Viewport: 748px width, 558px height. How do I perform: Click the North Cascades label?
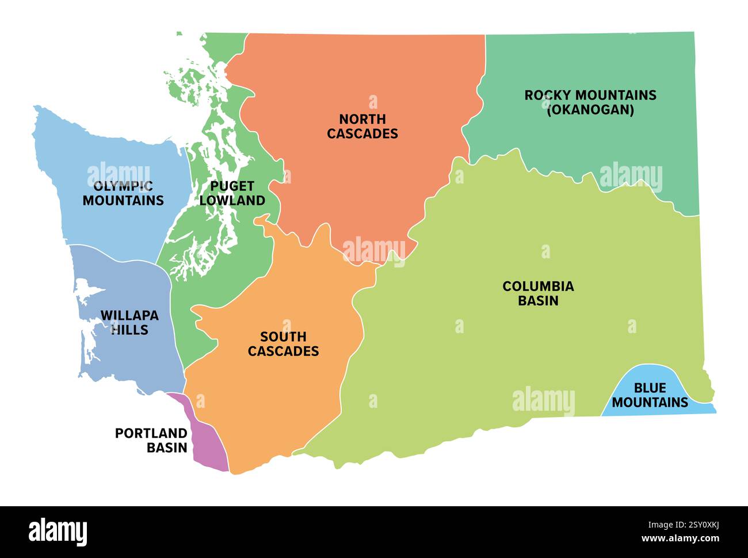pos(362,127)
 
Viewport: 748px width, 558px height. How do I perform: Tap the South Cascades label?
pos(283,344)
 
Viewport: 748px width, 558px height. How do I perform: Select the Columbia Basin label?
pos(538,293)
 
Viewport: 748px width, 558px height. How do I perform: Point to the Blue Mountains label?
pos(650,395)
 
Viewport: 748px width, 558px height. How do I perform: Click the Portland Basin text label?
pos(151,440)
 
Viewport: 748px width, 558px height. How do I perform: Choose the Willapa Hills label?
pos(129,323)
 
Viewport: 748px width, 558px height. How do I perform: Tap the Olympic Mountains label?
pos(123,193)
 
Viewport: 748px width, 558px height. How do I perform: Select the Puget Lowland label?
pos(232,193)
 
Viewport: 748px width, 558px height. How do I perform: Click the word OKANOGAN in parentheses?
pos(590,109)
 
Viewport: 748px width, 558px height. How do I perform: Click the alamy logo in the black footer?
pos(58,532)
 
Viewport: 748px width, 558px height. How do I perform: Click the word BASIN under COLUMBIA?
pos(538,301)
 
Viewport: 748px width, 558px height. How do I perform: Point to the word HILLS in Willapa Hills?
pos(129,330)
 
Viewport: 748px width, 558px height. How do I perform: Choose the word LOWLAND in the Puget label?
pos(232,201)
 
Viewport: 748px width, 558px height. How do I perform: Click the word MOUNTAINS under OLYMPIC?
pos(123,201)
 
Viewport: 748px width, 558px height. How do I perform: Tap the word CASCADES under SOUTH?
pos(283,351)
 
